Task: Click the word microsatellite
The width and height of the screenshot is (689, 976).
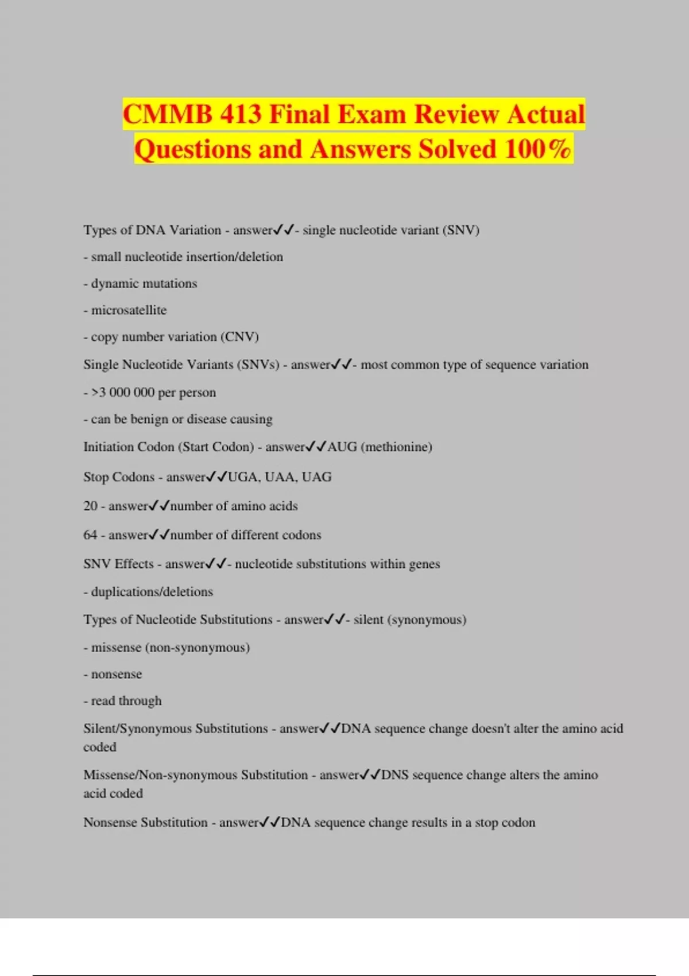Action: (x=129, y=310)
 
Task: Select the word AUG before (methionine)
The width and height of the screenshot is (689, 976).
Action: (x=342, y=447)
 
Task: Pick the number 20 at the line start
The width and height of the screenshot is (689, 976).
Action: (x=90, y=506)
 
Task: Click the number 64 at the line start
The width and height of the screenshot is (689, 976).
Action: (x=90, y=535)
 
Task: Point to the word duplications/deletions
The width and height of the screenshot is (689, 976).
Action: (x=152, y=592)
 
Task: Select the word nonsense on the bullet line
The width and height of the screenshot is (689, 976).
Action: (x=117, y=675)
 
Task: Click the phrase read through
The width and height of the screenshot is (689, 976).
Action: (x=126, y=701)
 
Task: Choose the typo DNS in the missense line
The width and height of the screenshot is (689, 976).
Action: (x=395, y=775)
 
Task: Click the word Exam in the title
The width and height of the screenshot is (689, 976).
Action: (x=371, y=114)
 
